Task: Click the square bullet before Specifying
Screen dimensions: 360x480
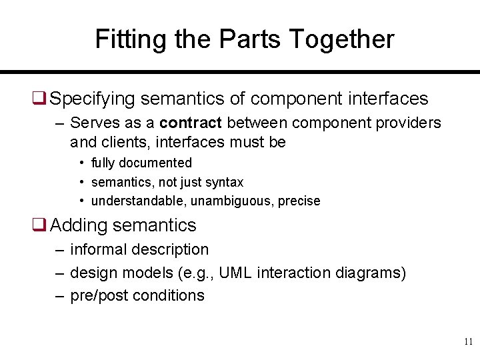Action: click(39, 99)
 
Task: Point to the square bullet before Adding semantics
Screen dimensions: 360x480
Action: click(39, 226)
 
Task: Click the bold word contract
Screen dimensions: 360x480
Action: click(191, 123)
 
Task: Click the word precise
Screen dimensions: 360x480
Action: click(298, 201)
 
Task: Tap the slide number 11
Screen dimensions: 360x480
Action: click(468, 342)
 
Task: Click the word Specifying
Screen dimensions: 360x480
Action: click(95, 99)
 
